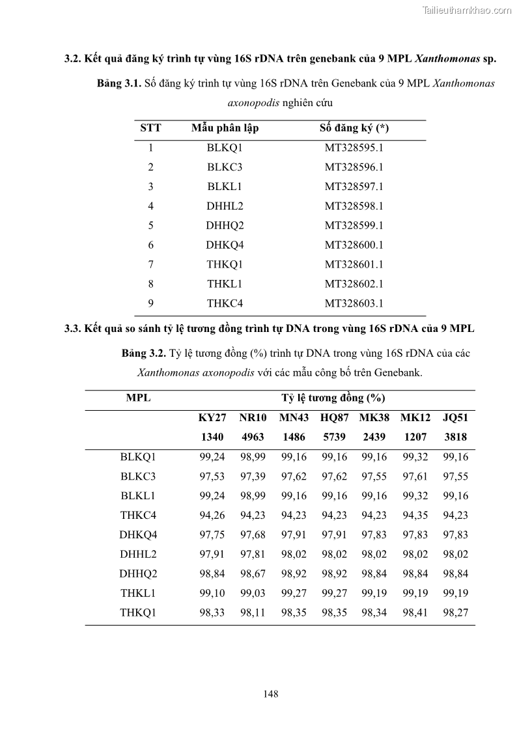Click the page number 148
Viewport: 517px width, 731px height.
271,694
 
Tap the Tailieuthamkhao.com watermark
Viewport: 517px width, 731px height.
468,10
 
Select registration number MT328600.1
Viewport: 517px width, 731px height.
354,245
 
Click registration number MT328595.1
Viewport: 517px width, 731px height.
354,147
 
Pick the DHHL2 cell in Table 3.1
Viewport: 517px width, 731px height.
225,206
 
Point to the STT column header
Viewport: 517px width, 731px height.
150,128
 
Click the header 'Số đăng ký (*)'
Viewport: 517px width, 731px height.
354,128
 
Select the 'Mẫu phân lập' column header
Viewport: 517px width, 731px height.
225,128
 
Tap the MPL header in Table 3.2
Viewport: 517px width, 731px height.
138,398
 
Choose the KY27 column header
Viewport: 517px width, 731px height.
212,417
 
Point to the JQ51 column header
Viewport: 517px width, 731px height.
455,417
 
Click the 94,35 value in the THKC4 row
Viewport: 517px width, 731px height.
415,516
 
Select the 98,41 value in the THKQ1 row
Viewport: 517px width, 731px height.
415,613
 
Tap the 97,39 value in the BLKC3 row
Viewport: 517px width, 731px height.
253,476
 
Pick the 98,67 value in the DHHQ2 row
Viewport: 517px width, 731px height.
253,574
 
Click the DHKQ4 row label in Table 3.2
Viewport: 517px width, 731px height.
138,535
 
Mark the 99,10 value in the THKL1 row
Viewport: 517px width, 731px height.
212,594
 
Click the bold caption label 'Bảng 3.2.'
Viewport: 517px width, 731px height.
144,353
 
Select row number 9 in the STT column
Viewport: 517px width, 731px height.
150,303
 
